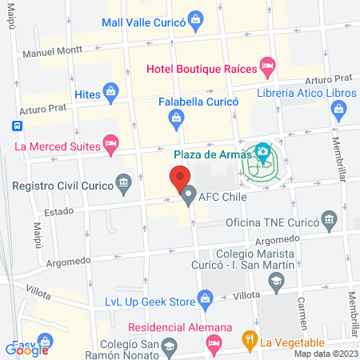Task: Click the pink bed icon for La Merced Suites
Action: click(x=112, y=145)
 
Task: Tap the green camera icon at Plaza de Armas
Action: click(x=262, y=152)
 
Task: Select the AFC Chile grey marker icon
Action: click(x=189, y=196)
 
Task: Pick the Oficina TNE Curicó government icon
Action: click(x=329, y=218)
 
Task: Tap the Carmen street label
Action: click(x=303, y=314)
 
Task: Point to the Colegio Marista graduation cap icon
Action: click(x=276, y=282)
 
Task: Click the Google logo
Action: click(x=27, y=349)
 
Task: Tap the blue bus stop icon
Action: click(x=15, y=126)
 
